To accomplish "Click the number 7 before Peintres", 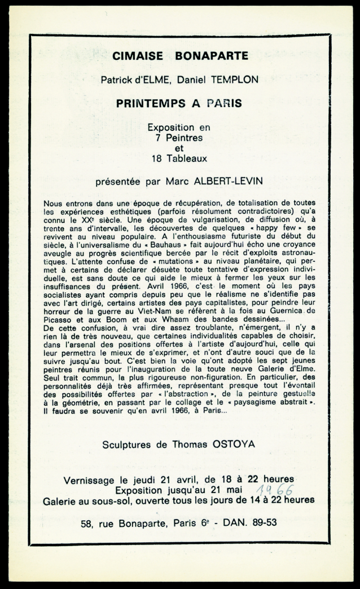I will [159, 137].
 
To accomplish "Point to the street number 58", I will [87, 523].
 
